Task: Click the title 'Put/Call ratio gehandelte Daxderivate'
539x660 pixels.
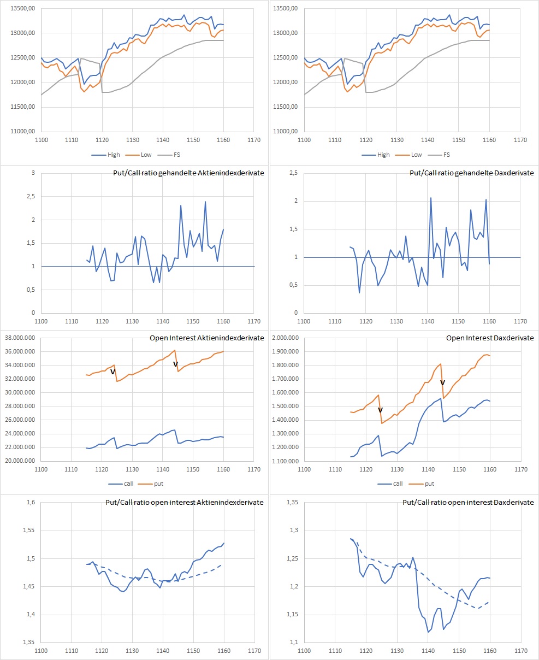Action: pos(472,173)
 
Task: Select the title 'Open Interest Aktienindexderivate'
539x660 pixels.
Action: pos(206,338)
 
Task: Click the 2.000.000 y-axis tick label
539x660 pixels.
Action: pos(283,338)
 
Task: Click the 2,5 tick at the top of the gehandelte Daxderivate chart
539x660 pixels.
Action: pos(292,173)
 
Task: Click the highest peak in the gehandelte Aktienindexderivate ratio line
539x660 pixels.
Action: pos(205,202)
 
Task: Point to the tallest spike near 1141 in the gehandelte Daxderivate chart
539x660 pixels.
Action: pos(430,198)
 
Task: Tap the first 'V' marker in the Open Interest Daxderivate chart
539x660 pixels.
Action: pos(381,410)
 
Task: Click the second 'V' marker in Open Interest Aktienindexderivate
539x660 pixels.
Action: pos(175,364)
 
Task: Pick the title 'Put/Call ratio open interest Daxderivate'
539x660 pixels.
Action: pos(468,502)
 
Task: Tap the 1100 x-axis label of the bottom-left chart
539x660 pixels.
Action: pos(41,651)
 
